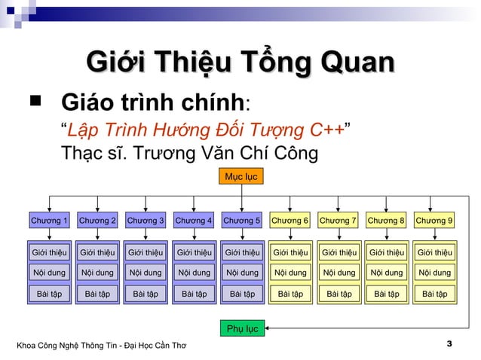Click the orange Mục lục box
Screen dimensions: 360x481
(x=241, y=177)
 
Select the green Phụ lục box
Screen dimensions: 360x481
(x=241, y=329)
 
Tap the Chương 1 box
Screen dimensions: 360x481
(x=49, y=221)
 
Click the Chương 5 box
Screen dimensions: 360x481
(x=241, y=221)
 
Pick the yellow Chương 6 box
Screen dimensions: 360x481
(x=290, y=221)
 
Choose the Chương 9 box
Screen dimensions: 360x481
(x=434, y=221)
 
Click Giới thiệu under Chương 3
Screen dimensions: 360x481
(x=146, y=252)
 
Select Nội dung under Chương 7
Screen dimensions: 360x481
(x=338, y=273)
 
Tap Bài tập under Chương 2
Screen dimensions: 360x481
(x=97, y=294)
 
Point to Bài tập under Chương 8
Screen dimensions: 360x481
(x=386, y=294)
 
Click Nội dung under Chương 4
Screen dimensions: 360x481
(x=194, y=273)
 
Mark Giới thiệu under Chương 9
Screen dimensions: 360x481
(x=434, y=252)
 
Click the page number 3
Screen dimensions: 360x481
(x=449, y=345)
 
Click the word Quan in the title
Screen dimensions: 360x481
(x=357, y=62)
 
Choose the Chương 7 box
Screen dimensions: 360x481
(x=338, y=221)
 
